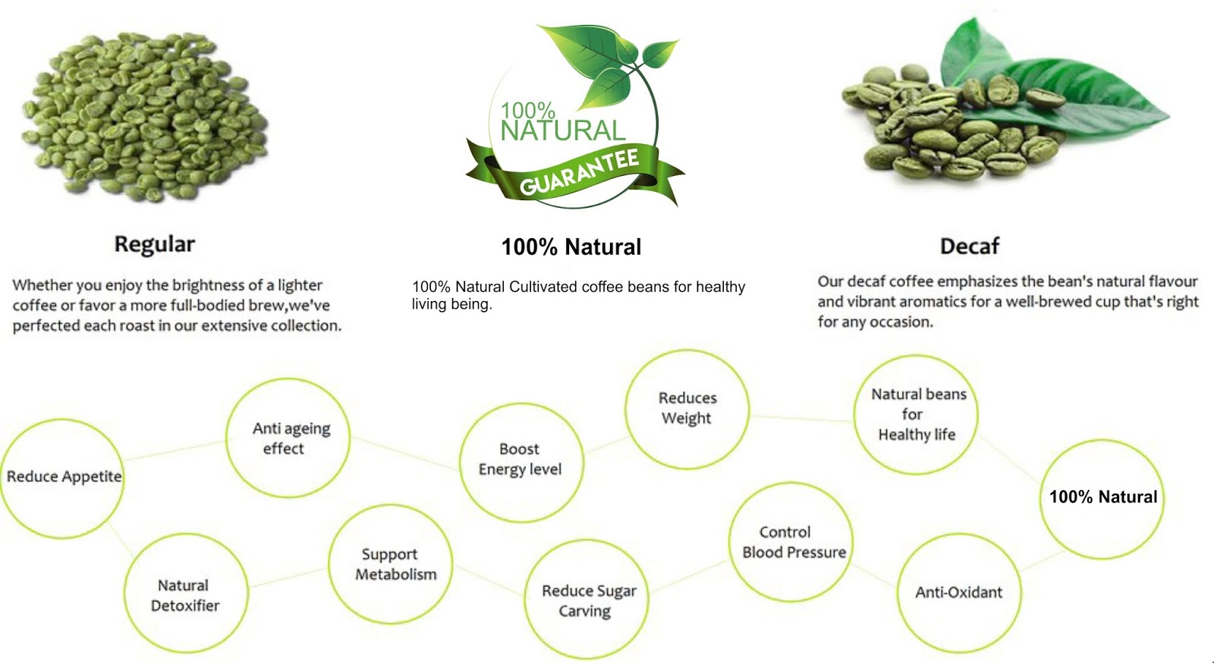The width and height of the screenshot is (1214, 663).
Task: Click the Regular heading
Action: pyautogui.click(x=154, y=244)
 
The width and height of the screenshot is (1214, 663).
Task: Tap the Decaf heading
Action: pyautogui.click(x=969, y=247)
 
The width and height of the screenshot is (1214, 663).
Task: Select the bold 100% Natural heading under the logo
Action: pyautogui.click(x=571, y=247)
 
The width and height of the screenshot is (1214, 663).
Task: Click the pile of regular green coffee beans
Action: pyautogui.click(x=144, y=118)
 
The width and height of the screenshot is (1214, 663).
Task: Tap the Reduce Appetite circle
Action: pyautogui.click(x=62, y=478)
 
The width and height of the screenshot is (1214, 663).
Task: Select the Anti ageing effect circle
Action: pyautogui.click(x=288, y=438)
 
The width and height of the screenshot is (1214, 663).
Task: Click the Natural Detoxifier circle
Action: pyautogui.click(x=185, y=594)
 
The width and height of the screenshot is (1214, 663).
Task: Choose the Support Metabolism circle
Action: pyautogui.click(x=392, y=564)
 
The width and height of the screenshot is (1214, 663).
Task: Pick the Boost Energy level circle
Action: pyautogui.click(x=521, y=460)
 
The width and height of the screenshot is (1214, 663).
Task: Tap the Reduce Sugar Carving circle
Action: pyautogui.click(x=587, y=599)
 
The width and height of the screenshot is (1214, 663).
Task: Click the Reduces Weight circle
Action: pyautogui.click(x=687, y=408)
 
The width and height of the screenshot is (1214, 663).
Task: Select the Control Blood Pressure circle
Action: pyautogui.click(x=791, y=542)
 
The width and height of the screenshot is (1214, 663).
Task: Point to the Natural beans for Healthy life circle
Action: pyautogui.click(x=916, y=414)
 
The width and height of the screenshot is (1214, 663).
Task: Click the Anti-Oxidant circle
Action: pyautogui.click(x=958, y=592)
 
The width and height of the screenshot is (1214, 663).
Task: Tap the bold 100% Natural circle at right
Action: pyautogui.click(x=1102, y=498)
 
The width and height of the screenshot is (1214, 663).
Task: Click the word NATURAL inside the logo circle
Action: pyautogui.click(x=562, y=131)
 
